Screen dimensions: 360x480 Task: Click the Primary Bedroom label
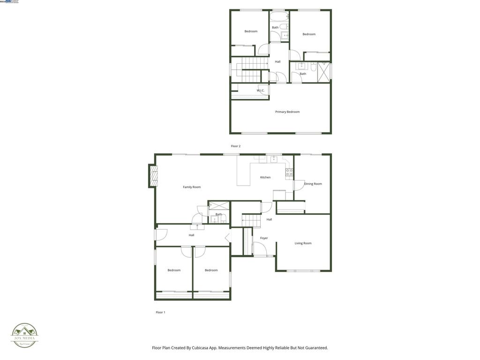click(287, 112)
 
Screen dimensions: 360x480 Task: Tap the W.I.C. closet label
click(260, 90)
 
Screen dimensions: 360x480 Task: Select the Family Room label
click(192, 187)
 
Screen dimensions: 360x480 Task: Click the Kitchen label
click(265, 177)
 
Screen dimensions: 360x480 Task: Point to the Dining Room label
click(313, 184)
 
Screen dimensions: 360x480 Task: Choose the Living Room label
click(303, 243)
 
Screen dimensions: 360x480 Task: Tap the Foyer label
click(264, 238)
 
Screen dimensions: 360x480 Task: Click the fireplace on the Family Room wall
click(152, 176)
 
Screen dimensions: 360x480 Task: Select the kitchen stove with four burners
click(289, 172)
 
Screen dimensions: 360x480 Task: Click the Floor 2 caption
click(235, 146)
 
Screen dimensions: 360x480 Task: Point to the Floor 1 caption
click(160, 312)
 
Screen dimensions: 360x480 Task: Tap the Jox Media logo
click(24, 335)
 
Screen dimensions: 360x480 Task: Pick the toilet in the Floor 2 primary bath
click(313, 66)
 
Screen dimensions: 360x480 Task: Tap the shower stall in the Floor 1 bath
click(217, 205)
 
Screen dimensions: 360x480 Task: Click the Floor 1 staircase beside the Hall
click(251, 220)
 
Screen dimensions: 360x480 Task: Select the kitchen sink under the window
click(274, 159)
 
